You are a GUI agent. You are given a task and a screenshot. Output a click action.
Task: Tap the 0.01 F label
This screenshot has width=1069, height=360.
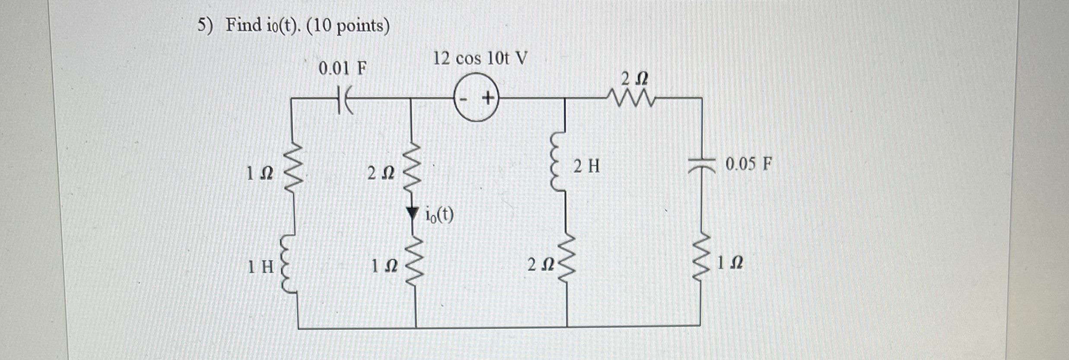343,68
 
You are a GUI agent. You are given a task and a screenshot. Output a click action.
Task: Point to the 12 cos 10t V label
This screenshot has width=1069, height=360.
480,58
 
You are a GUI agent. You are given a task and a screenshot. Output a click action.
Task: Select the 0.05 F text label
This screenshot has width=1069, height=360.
748,164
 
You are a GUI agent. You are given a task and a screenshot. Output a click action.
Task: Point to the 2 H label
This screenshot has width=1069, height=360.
587,166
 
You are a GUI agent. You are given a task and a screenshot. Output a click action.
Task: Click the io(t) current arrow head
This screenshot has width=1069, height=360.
413,213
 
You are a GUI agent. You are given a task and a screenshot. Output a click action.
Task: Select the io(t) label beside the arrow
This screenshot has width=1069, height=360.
439,215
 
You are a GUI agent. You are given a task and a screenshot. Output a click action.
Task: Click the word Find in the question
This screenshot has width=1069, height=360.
243,25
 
